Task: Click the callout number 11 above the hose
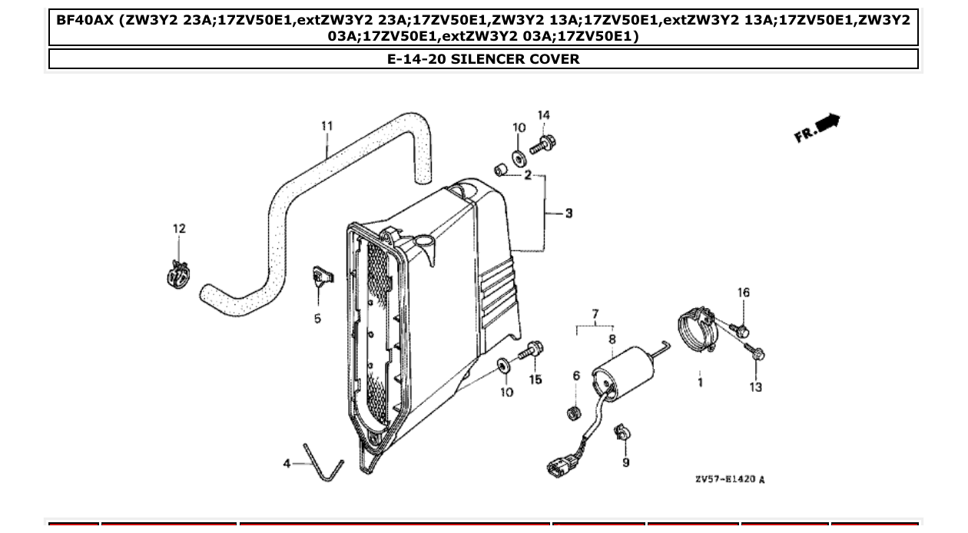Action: point(327,126)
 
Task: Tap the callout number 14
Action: point(543,115)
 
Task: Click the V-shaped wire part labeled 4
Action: point(323,464)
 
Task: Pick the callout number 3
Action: point(569,213)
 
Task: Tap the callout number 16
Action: point(743,293)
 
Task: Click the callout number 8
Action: point(612,338)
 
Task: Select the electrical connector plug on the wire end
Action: point(557,465)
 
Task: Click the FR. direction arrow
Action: point(819,127)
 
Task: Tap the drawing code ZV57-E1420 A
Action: point(729,479)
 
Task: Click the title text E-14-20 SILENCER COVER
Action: point(483,59)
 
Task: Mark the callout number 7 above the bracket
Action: point(594,313)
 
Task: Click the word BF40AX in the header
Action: point(85,19)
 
